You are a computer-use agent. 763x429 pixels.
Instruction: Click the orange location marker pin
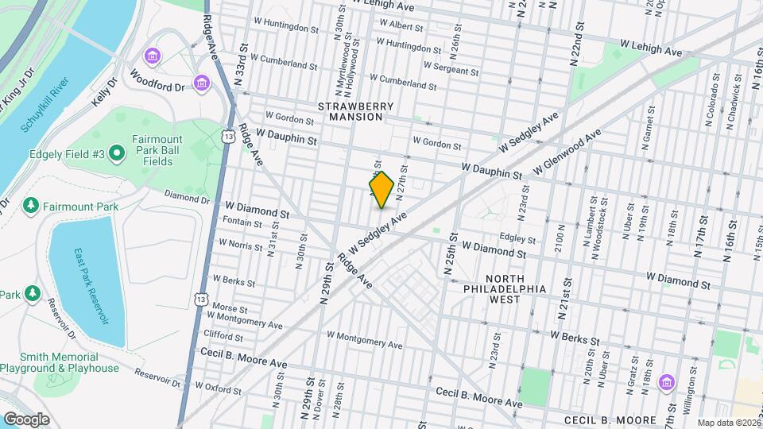point(382,190)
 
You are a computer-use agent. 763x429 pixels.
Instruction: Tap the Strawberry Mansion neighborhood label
point(351,111)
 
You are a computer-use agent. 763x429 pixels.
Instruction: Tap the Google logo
point(26,419)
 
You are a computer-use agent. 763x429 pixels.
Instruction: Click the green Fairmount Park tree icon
point(31,207)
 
